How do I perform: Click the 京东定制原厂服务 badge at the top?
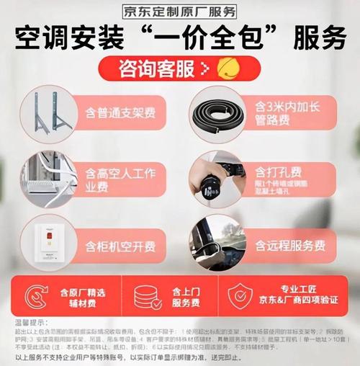click(x=180, y=10)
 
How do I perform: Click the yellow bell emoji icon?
click(x=225, y=68)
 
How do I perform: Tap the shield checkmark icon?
click(x=240, y=296)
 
